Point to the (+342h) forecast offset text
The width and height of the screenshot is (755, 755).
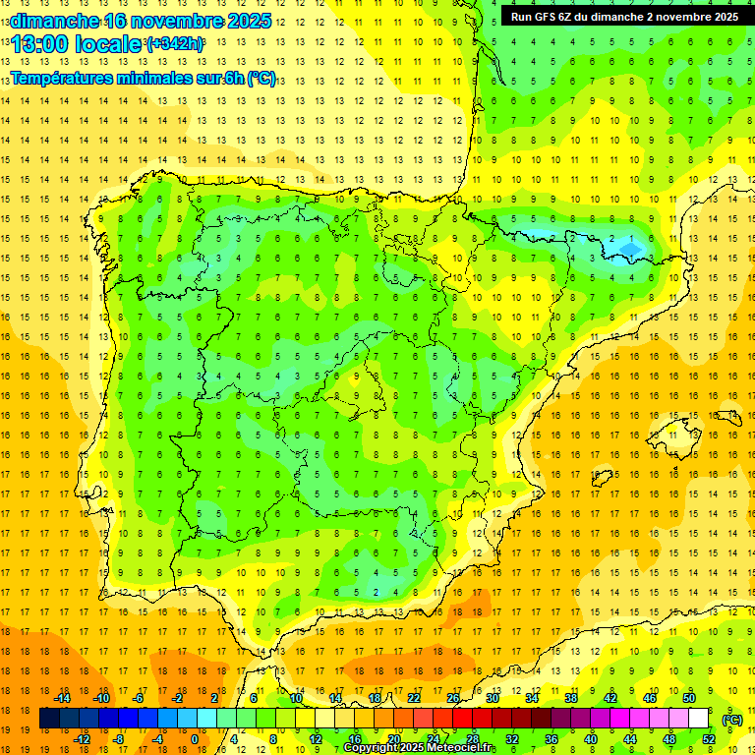pyautogui.click(x=174, y=44)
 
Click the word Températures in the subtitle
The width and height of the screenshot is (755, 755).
pyautogui.click(x=66, y=78)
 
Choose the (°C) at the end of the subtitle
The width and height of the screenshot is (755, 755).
pyautogui.click(x=261, y=78)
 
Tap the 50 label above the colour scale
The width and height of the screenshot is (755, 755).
pyautogui.click(x=688, y=698)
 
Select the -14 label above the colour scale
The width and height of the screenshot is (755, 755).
pyautogui.click(x=62, y=698)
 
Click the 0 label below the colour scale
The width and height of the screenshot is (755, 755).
pyautogui.click(x=194, y=739)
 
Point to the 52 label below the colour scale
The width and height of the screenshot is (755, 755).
pyautogui.click(x=708, y=739)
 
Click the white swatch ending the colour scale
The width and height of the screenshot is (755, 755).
pyautogui.click(x=698, y=719)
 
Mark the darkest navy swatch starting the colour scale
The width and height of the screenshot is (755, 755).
pyautogui.click(x=49, y=719)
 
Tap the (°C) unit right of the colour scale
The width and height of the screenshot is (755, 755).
pyautogui.click(x=732, y=720)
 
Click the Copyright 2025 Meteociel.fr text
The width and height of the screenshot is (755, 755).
pyautogui.click(x=419, y=748)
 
